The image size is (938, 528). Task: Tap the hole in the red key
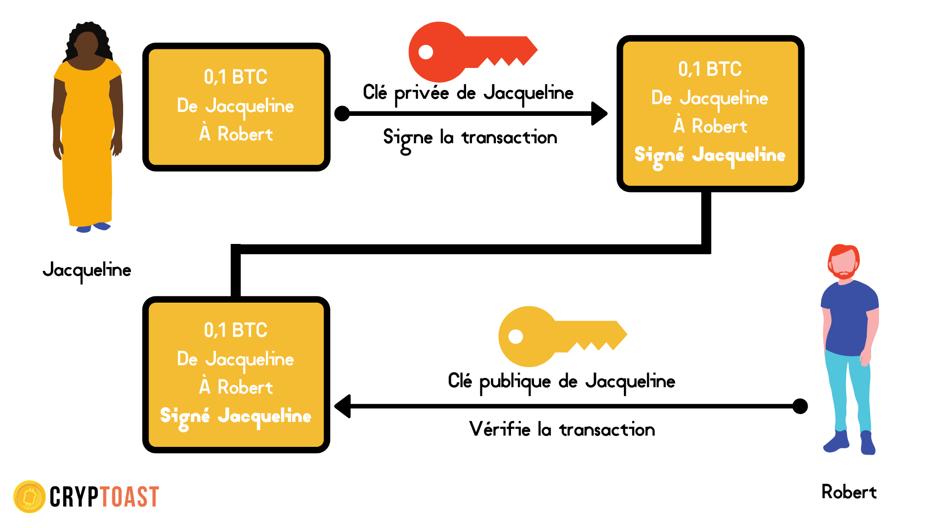coord(426,52)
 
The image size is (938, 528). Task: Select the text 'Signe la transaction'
coord(470,138)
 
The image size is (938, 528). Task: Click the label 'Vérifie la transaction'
coord(562,430)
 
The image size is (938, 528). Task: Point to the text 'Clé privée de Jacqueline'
coord(468,93)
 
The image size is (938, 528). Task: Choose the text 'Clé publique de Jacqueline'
coord(561,381)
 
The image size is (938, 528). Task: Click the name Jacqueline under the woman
coord(87,270)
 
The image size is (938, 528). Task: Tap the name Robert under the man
coord(849,492)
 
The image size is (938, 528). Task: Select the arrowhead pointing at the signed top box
coord(599,113)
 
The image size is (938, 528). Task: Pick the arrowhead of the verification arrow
coord(343,406)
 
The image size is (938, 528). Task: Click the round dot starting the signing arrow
coord(342,113)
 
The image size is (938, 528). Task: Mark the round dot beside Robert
coord(800,406)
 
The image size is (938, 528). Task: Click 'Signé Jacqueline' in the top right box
coord(710,155)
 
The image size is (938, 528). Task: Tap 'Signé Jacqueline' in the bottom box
coord(235,417)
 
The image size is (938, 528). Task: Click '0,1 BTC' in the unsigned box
coord(235,77)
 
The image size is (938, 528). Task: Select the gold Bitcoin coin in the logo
coord(29,497)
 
